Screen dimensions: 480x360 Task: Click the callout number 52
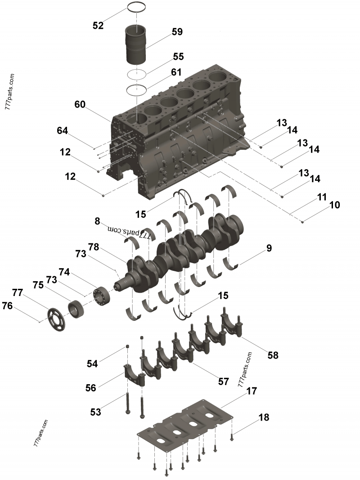98,26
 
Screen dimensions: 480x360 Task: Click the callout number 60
80,104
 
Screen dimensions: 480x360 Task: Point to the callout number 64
63,131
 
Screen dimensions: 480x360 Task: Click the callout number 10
334,205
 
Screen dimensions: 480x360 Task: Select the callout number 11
322,197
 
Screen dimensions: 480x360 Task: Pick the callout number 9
269,248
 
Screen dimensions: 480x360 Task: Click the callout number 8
97,221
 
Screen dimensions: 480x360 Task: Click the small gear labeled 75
76,308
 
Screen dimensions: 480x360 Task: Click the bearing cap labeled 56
135,373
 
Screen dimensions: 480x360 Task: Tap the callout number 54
92,363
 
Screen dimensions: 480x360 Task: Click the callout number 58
273,355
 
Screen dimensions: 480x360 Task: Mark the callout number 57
224,381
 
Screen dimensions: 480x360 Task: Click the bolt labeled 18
231,435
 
